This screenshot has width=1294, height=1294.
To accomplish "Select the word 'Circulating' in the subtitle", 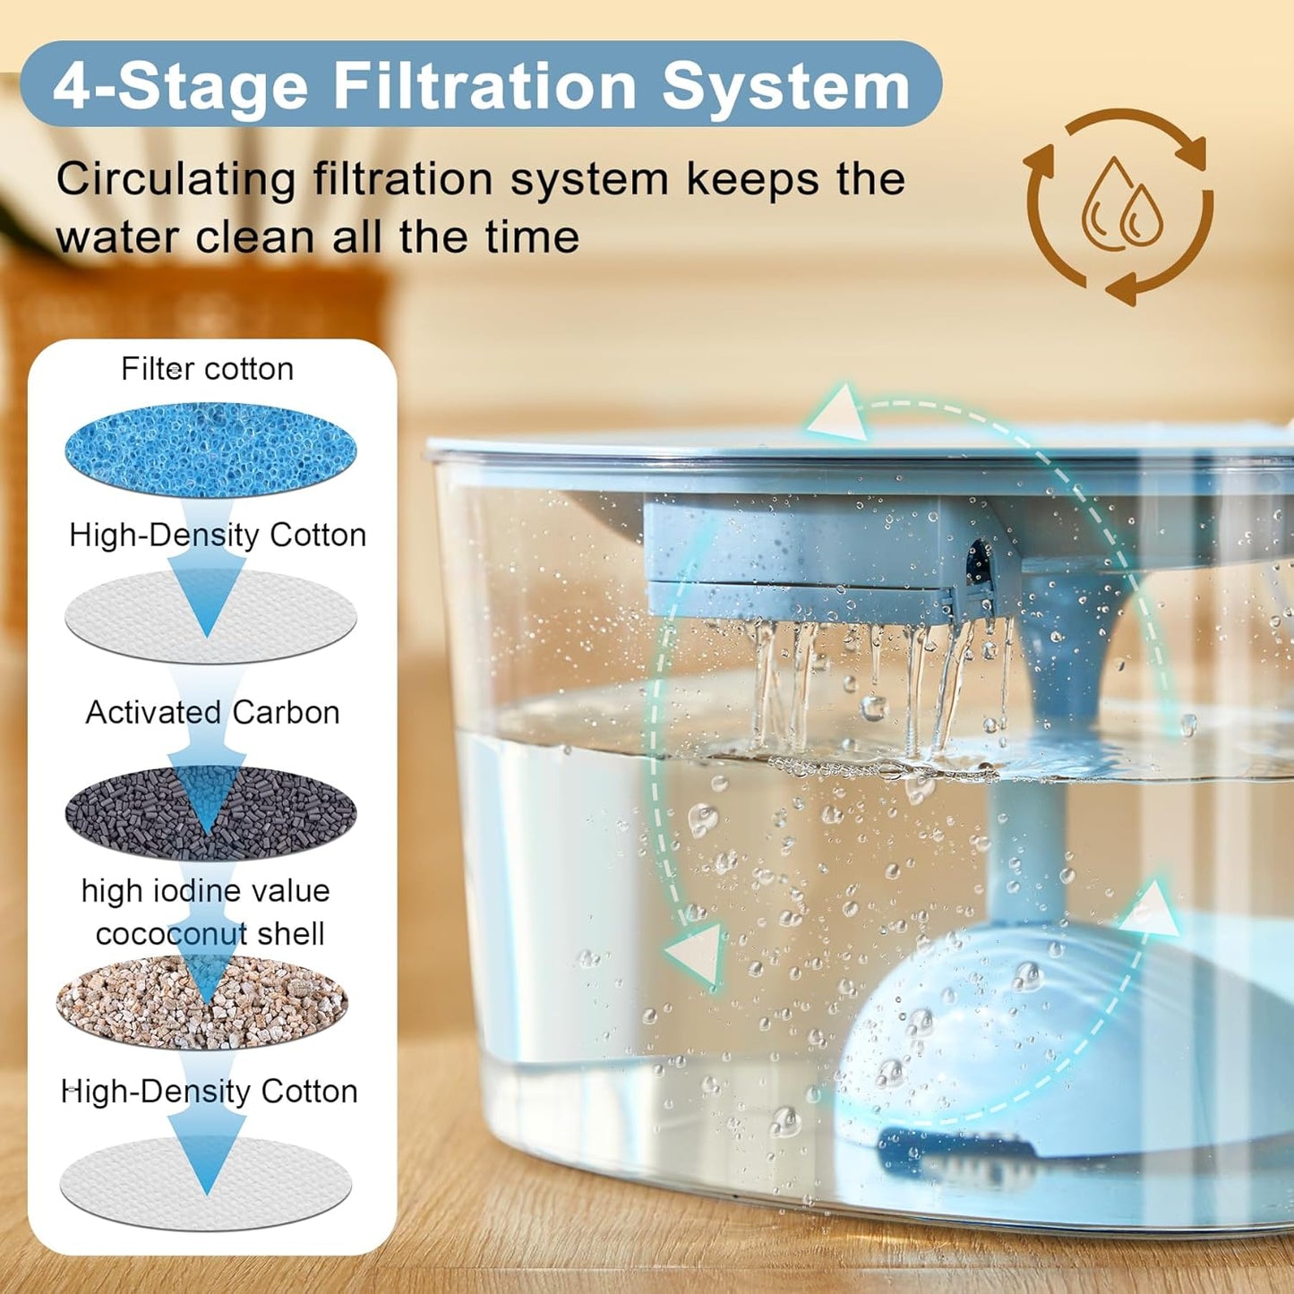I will pyautogui.click(x=176, y=179).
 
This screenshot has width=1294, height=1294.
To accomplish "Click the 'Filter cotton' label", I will pyautogui.click(x=207, y=369).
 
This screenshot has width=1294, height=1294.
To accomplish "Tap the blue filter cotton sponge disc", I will pyautogui.click(x=210, y=450).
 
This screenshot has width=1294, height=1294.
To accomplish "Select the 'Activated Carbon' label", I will pyautogui.click(x=212, y=713).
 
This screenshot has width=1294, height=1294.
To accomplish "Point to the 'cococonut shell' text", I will pyautogui.click(x=210, y=934).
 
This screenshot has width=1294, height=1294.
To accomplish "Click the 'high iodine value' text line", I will pyautogui.click(x=205, y=891).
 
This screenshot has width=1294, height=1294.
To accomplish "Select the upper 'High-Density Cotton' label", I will pyautogui.click(x=218, y=536).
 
